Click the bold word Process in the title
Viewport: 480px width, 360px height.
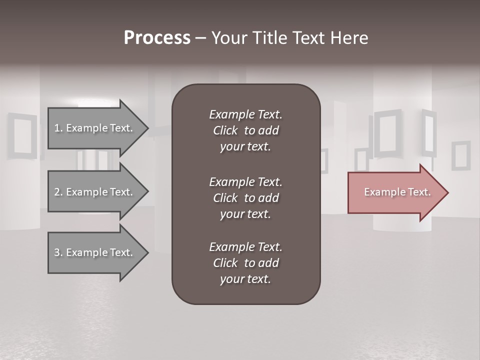pyautogui.click(x=157, y=38)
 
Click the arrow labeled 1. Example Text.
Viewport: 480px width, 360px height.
pyautogui.click(x=95, y=128)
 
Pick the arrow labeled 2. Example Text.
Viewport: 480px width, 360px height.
pyautogui.click(x=95, y=192)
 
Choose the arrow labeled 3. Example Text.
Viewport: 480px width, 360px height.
pyautogui.click(x=95, y=252)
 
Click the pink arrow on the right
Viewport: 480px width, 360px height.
pyautogui.click(x=395, y=192)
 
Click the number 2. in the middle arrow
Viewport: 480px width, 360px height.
pyautogui.click(x=58, y=192)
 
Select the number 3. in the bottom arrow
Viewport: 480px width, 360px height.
pyautogui.click(x=58, y=252)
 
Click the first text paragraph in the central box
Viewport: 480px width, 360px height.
pyautogui.click(x=245, y=130)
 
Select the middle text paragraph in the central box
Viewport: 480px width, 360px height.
pyautogui.click(x=245, y=198)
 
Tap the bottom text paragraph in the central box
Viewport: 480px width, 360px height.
pyautogui.click(x=245, y=263)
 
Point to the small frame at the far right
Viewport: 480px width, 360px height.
pyautogui.click(x=460, y=155)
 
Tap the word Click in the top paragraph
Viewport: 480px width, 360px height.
pyautogui.click(x=225, y=130)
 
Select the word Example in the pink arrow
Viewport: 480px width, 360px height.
pyautogui.click(x=381, y=192)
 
